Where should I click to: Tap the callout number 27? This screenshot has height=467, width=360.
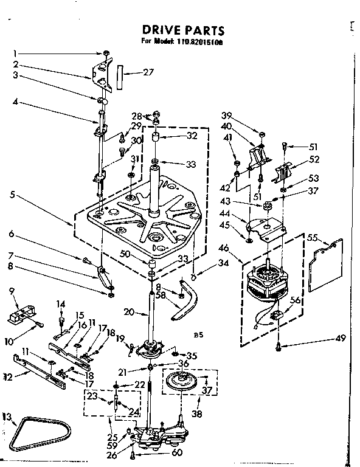(x=148, y=73)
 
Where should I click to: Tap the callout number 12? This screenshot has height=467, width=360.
(x=8, y=376)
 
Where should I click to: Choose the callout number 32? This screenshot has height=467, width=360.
(x=193, y=136)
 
